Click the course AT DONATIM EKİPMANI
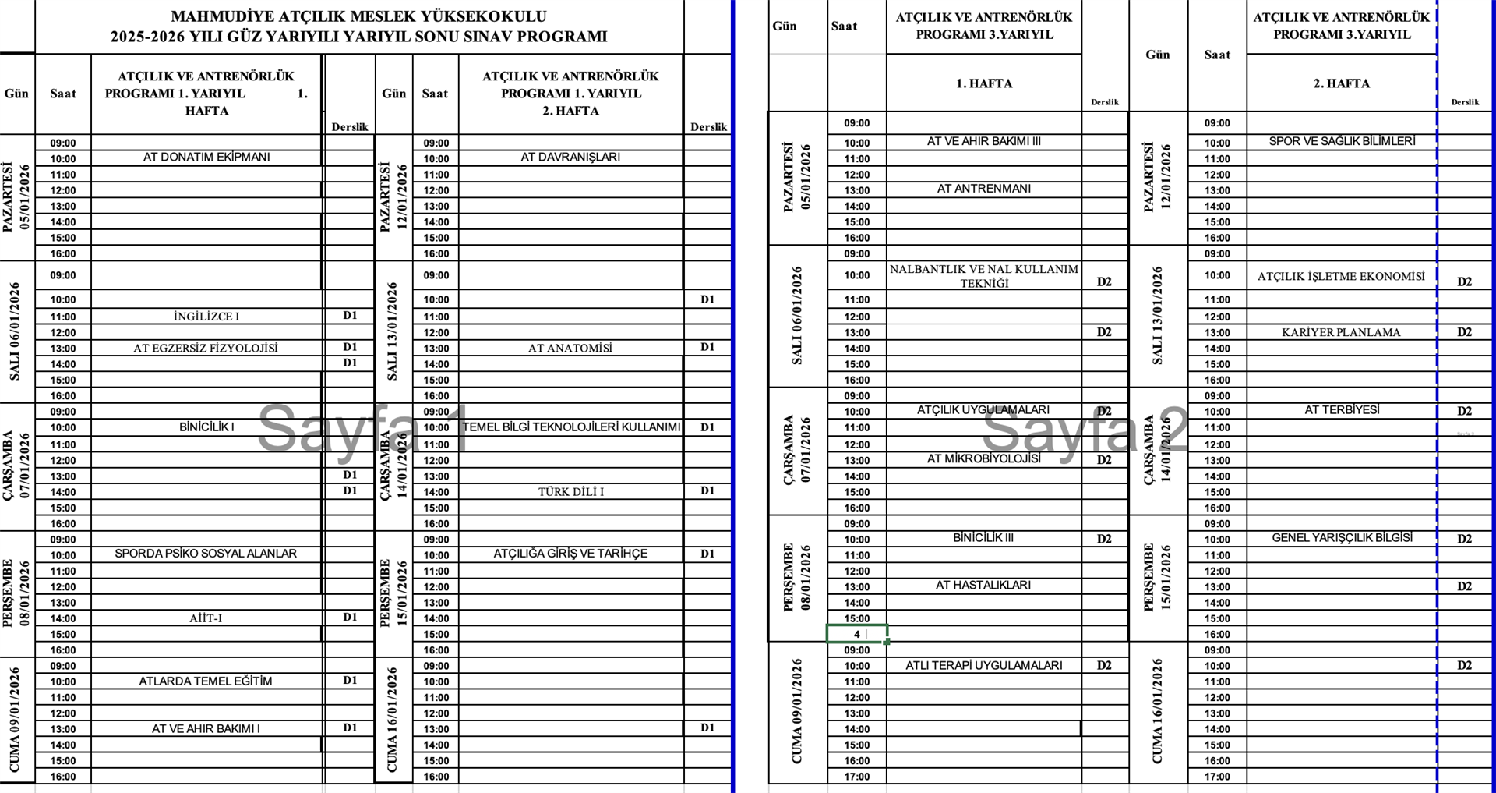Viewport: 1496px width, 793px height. click(x=206, y=158)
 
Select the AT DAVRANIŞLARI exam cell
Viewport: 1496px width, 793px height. click(x=570, y=158)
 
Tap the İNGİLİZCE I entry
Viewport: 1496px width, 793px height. click(x=206, y=317)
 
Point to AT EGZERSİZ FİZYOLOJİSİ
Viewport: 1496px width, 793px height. click(x=206, y=349)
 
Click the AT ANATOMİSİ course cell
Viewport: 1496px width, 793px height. click(x=570, y=349)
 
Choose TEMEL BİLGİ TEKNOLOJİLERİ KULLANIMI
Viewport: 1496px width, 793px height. click(x=571, y=427)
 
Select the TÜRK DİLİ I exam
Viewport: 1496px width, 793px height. click(x=570, y=492)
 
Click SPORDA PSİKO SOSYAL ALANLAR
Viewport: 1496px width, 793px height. click(x=206, y=554)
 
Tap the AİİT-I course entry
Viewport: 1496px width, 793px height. click(x=206, y=618)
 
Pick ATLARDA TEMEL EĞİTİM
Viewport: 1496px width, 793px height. click(x=206, y=681)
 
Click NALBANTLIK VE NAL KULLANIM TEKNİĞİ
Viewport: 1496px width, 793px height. click(x=984, y=276)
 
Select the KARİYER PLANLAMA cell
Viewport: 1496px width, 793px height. click(x=1341, y=333)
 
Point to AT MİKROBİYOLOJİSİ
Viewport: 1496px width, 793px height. click(x=983, y=459)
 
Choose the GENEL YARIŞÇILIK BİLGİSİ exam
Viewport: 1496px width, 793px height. click(x=1342, y=538)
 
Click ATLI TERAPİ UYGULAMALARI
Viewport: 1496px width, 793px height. click(x=983, y=666)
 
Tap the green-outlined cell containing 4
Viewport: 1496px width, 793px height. click(x=856, y=635)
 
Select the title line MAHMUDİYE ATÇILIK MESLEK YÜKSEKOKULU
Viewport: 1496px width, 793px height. click(x=358, y=16)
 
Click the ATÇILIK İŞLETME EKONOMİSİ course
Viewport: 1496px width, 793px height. click(x=1341, y=277)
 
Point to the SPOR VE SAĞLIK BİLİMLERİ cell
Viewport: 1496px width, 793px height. click(x=1342, y=142)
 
